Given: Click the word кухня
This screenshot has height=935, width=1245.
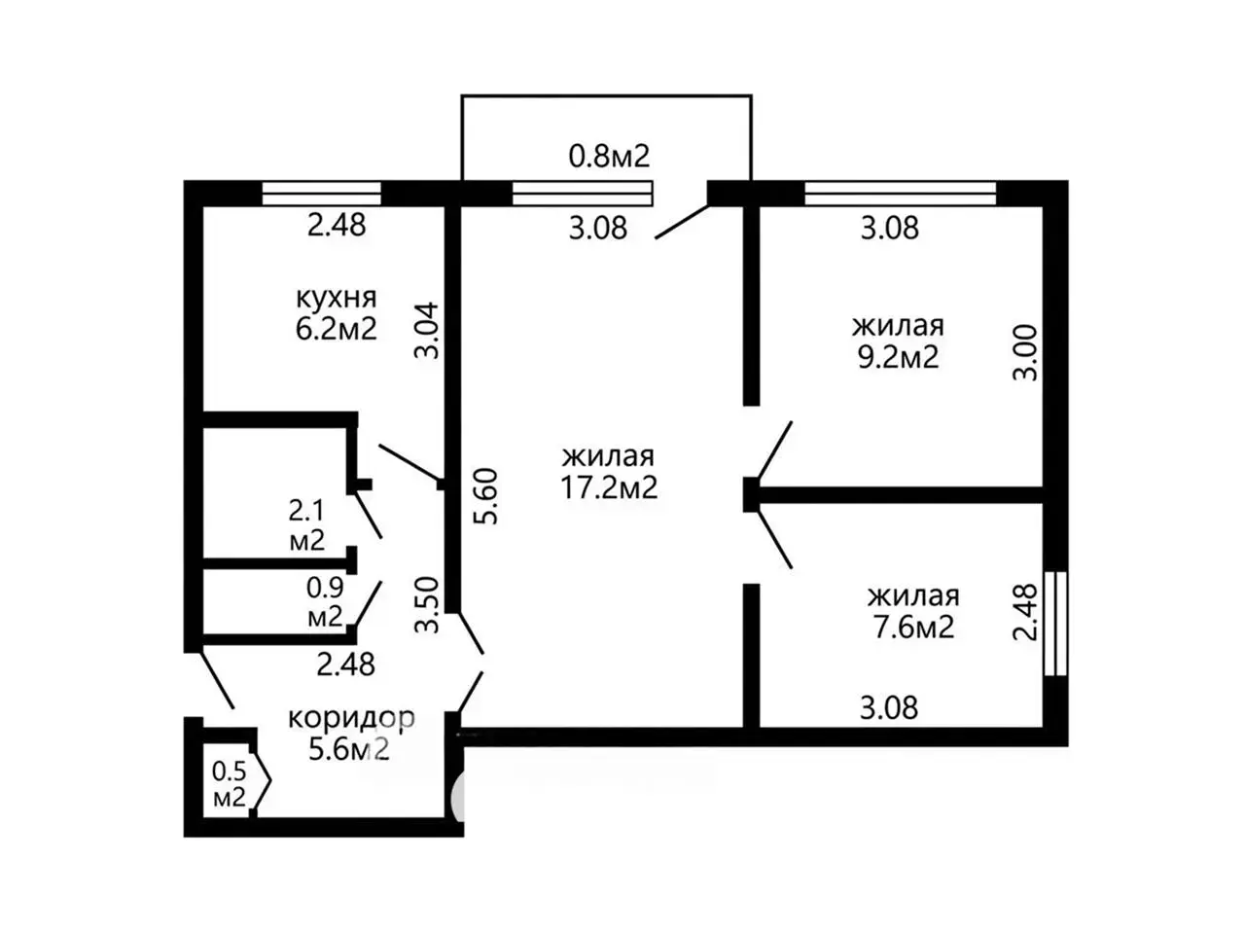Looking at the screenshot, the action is tap(336, 299).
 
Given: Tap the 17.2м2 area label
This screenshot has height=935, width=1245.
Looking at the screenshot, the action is tap(609, 487).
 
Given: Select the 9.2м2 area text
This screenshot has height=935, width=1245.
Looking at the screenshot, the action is tap(898, 358).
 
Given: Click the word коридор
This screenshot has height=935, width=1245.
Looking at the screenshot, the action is tap(352, 719).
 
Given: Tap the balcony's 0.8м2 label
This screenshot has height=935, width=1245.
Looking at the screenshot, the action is tap(609, 156).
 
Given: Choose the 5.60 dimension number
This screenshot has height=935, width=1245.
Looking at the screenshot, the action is tap(487, 496).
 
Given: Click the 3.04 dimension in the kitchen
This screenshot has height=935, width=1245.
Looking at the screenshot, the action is tap(427, 330).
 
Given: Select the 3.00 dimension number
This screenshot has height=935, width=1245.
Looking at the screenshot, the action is tap(1025, 352).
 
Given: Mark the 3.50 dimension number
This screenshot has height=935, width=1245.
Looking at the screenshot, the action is tap(427, 605).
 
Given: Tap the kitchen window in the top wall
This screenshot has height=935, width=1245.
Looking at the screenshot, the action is tap(321, 194).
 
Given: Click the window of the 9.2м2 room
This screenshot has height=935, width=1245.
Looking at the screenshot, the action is tap(900, 194).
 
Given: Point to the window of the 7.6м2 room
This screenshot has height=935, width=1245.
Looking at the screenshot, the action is tap(1055, 624).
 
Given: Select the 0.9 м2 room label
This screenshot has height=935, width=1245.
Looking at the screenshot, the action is tap(325, 602).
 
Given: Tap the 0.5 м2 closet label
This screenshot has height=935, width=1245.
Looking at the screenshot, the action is tap(230, 783).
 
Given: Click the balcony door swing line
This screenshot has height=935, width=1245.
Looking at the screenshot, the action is tap(682, 222).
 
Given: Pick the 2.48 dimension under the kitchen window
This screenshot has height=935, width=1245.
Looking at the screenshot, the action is tap(337, 225).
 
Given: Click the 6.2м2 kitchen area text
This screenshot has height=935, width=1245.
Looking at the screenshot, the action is tap(336, 329).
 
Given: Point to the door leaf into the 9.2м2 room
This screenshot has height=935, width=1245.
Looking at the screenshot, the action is tap(774, 450).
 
